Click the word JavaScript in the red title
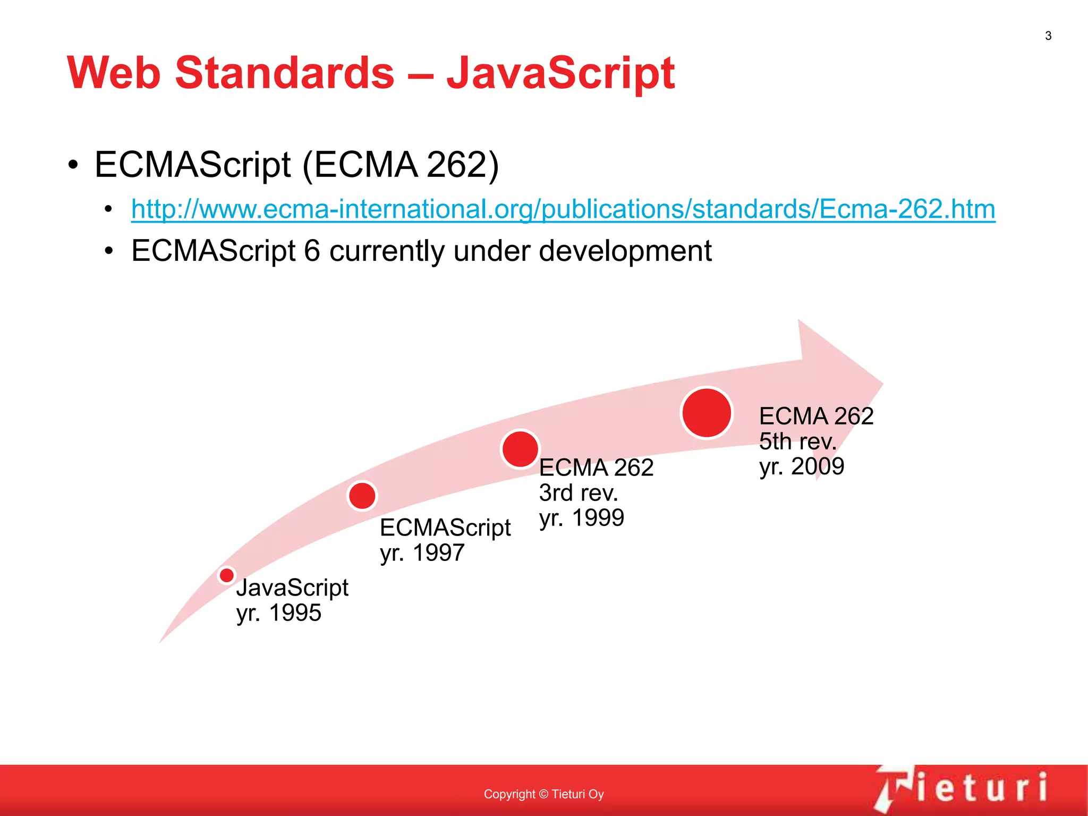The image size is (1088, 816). coord(560,73)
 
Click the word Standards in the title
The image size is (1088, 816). coord(285,73)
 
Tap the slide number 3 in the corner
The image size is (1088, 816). coord(1048,36)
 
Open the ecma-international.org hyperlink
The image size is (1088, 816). coord(563,209)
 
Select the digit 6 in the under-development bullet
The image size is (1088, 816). coord(312,251)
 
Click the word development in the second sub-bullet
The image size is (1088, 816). coord(625,251)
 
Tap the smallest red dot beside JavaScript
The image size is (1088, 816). coord(227,575)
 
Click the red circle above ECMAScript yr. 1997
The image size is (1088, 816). coord(362,496)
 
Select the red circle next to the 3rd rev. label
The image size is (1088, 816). coord(520,449)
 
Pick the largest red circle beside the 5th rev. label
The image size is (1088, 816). coord(707,413)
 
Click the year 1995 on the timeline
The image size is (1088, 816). coord(295,613)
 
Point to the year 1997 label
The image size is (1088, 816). coord(438,553)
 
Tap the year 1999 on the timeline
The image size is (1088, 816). coord(598,518)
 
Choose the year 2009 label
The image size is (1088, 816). coord(818,466)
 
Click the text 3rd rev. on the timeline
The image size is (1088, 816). coord(579,493)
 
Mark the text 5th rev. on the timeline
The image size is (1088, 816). coord(797,441)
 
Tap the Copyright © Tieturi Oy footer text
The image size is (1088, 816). coord(543,794)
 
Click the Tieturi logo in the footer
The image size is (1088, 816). coord(962,788)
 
